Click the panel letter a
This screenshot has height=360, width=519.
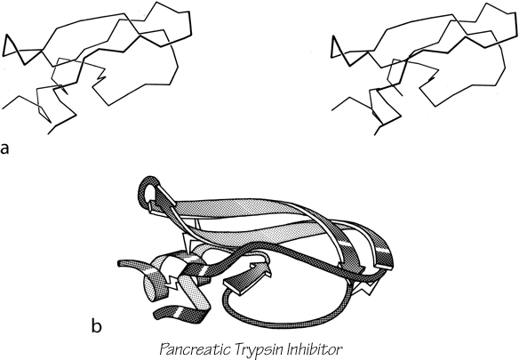(x=5, y=149)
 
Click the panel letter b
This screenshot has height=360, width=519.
(x=96, y=326)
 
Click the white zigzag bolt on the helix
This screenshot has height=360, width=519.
(x=172, y=282)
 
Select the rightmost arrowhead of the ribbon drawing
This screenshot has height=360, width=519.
(x=383, y=262)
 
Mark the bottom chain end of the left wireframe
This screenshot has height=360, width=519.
(x=48, y=134)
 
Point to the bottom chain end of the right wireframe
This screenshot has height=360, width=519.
(x=374, y=135)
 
